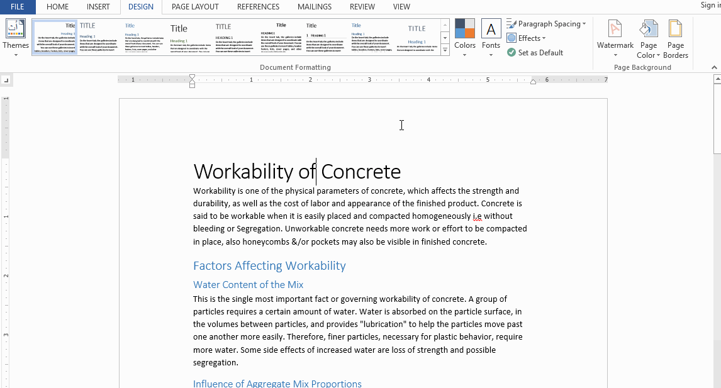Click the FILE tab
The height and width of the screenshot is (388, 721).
[x=17, y=7]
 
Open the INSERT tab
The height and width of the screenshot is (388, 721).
[x=98, y=7]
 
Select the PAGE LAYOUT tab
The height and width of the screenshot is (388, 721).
[x=195, y=7]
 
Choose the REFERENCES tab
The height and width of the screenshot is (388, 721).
[x=258, y=7]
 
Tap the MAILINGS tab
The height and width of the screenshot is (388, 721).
[x=314, y=7]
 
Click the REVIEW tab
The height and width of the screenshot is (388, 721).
[x=362, y=7]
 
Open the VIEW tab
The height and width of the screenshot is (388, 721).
[x=401, y=7]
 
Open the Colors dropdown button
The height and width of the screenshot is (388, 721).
[x=465, y=37]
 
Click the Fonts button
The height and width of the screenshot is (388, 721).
[x=491, y=37]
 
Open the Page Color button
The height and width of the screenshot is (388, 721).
[x=648, y=38]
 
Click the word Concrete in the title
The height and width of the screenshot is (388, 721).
[x=360, y=172]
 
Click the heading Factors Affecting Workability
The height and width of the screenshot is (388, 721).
[x=269, y=265]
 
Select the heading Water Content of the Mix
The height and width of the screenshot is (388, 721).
[x=248, y=284]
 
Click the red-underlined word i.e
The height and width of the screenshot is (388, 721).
[x=477, y=216]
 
